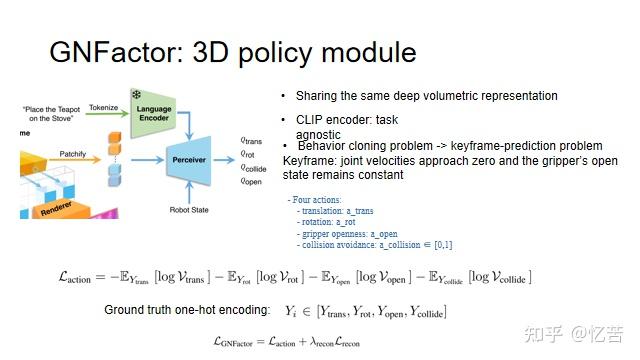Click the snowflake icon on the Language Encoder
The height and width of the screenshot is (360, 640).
point(137,94)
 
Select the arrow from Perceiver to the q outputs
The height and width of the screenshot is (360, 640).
point(231,159)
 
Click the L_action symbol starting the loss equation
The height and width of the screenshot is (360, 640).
point(81,277)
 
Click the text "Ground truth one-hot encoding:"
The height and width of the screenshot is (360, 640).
point(186,310)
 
